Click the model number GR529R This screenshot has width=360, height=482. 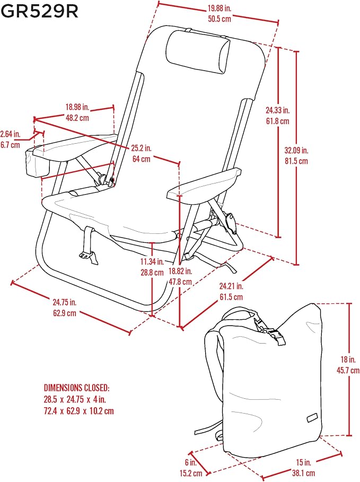tap(40, 11)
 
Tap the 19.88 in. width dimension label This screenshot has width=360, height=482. tap(219, 8)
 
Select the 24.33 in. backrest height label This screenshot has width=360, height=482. tap(278, 110)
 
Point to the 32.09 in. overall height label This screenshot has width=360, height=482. tap(296, 150)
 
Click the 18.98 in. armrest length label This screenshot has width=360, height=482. tap(77, 107)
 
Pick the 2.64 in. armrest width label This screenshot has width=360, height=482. tap(10, 134)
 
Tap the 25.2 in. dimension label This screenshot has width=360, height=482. tap(142, 148)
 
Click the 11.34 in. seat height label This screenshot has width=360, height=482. tap(152, 261)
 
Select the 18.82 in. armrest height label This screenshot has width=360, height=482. tap(180, 271)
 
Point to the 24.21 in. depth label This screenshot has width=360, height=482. tap(231, 286)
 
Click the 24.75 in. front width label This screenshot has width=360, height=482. tap(65, 302)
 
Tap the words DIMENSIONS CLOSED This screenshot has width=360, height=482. tap(76, 388)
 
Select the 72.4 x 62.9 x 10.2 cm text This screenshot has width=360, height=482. tap(78, 411)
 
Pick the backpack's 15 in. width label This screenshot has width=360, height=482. tap(304, 462)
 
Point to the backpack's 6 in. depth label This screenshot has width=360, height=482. tap(191, 462)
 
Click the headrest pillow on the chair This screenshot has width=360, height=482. tap(198, 51)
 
